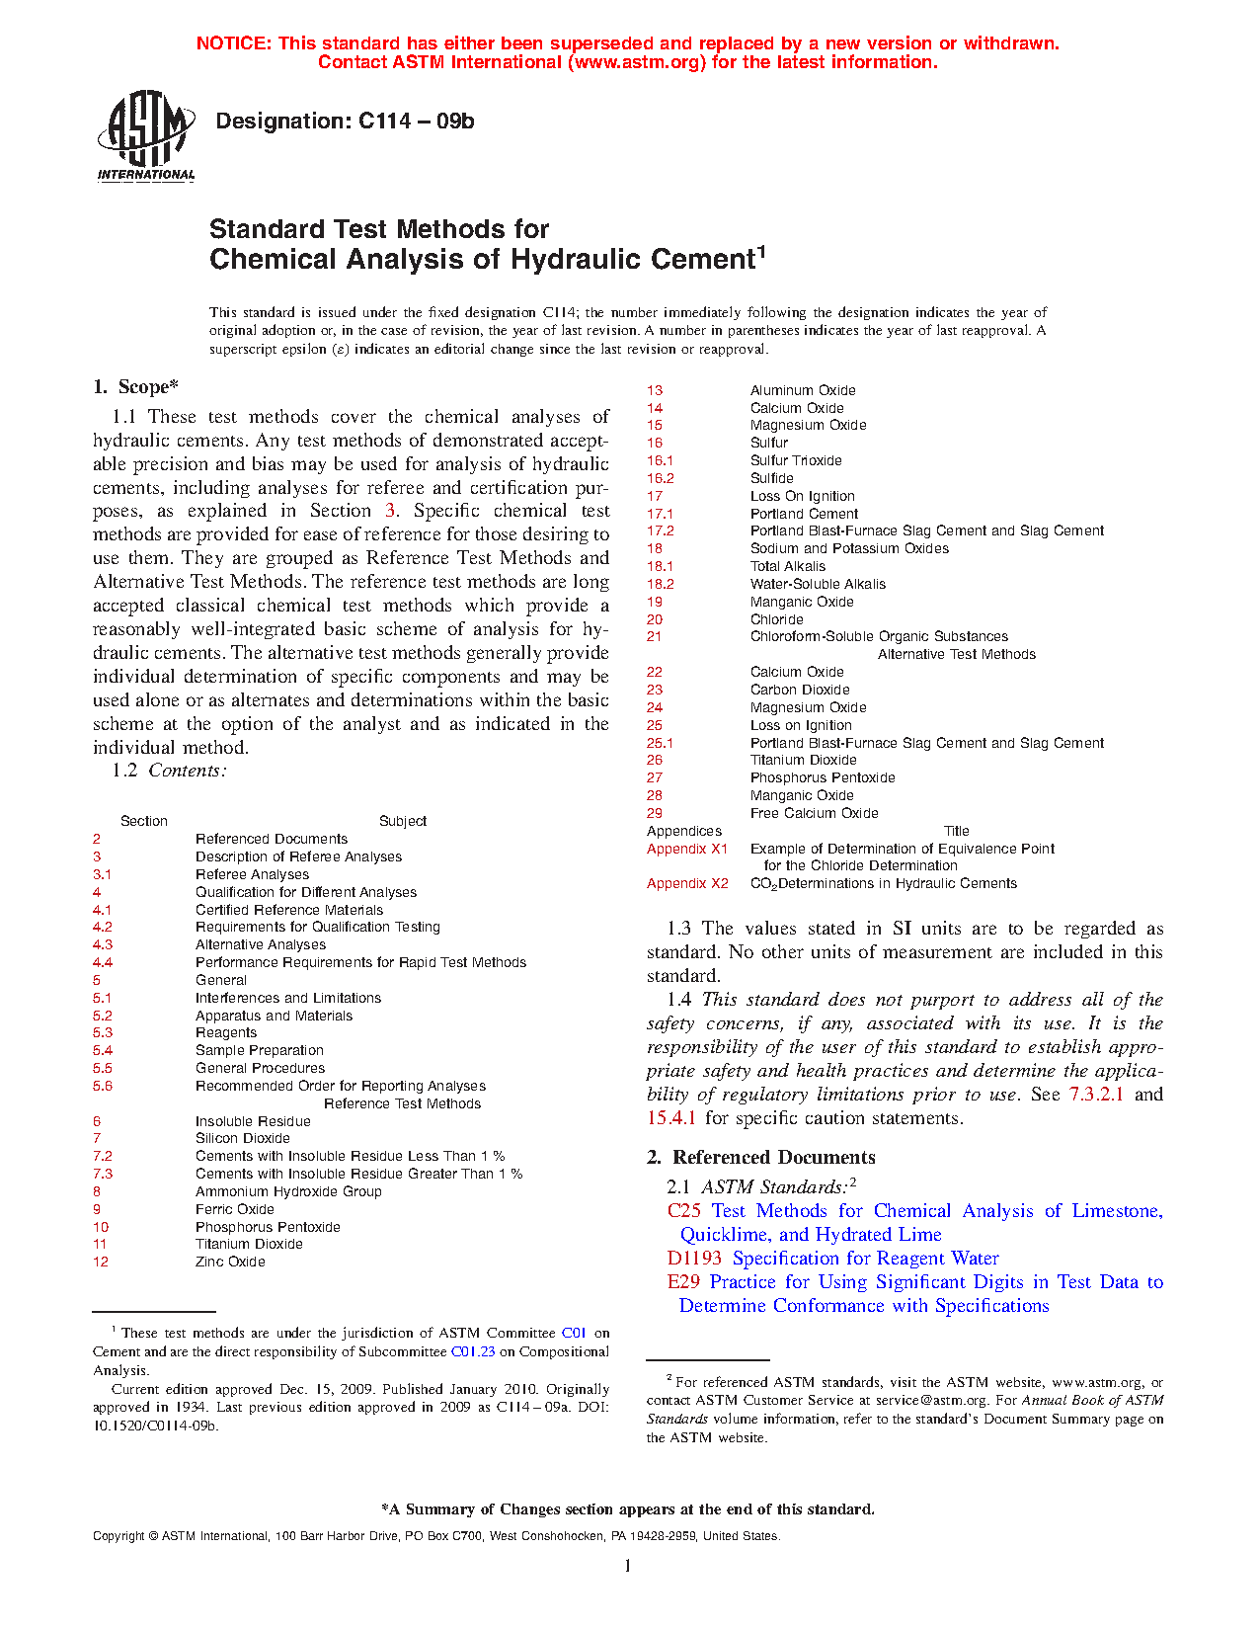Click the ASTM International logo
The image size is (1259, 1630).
(x=146, y=136)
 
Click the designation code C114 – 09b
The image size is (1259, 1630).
(x=345, y=122)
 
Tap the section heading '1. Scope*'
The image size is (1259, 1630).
(x=135, y=386)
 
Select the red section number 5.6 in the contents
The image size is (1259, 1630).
(x=103, y=1086)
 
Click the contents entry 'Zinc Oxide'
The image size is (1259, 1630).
(x=230, y=1262)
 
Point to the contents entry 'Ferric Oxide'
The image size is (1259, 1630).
(x=235, y=1209)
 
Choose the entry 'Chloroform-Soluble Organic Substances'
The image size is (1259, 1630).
(x=879, y=636)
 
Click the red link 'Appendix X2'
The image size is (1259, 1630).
(x=687, y=883)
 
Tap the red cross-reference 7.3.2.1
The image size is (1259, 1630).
(x=1096, y=1095)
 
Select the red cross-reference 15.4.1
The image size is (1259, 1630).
(x=671, y=1118)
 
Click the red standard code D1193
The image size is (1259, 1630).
(x=694, y=1259)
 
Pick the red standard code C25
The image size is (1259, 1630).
(x=684, y=1211)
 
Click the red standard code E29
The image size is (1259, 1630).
(x=683, y=1282)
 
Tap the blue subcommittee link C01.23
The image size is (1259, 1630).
(x=473, y=1351)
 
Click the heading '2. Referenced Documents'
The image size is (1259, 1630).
(x=760, y=1157)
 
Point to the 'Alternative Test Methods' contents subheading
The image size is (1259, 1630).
(x=956, y=654)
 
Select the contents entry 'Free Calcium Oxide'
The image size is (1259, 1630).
(x=814, y=813)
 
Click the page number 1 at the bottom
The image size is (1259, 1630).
(x=627, y=1565)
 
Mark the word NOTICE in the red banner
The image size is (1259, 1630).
(x=233, y=43)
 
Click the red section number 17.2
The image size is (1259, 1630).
(x=660, y=530)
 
